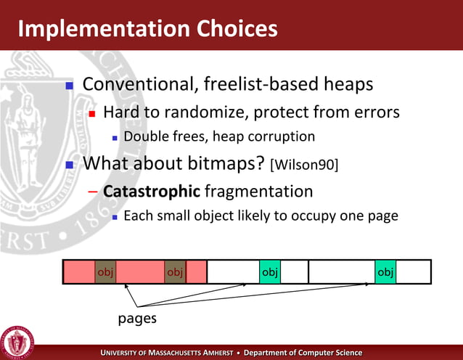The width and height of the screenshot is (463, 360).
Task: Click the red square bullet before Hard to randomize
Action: (92, 114)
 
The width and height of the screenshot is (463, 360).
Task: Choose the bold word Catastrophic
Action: (151, 192)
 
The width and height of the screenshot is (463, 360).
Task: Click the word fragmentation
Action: (259, 192)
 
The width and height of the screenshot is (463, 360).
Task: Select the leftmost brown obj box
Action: (105, 271)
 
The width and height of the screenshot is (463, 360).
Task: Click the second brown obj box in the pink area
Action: (175, 271)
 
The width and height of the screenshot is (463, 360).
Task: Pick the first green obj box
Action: (270, 271)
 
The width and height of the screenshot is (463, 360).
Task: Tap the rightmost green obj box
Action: (385, 271)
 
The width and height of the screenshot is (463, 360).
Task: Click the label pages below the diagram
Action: (137, 319)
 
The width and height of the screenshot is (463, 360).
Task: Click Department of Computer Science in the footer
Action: (303, 353)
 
